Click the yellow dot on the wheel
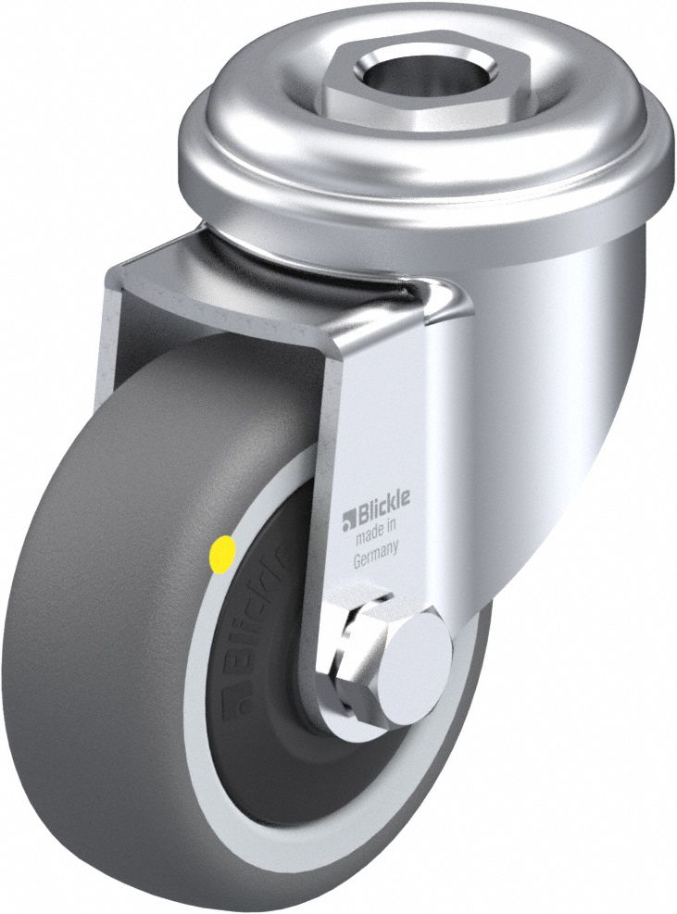click(223, 557)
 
